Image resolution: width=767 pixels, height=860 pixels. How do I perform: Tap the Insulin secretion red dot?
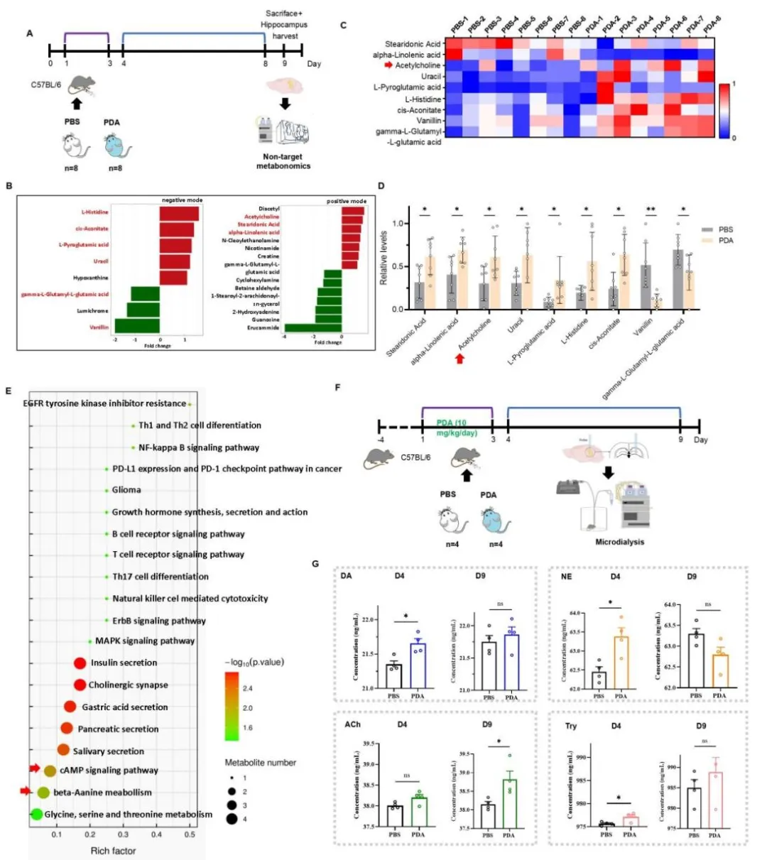[80, 663]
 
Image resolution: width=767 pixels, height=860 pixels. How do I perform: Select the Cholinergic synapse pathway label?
[128, 685]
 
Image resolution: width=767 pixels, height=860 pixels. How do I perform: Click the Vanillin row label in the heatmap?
[423, 121]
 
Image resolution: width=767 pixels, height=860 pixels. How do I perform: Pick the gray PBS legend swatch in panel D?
[707, 230]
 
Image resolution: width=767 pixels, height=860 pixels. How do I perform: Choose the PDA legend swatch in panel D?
[707, 241]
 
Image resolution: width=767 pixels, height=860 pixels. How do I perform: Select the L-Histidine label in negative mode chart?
[94, 212]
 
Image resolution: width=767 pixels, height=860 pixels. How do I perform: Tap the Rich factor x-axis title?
[113, 851]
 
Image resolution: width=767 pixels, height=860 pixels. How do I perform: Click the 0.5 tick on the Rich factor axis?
[190, 834]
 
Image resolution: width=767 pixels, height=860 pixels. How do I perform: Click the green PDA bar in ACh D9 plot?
[509, 803]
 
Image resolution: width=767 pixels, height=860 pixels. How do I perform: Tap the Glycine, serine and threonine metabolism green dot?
[36, 815]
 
